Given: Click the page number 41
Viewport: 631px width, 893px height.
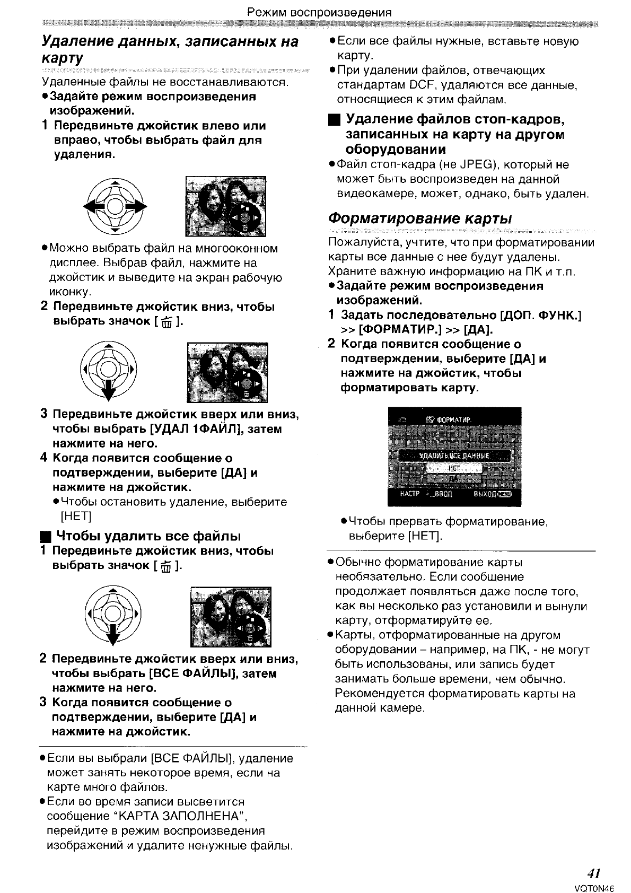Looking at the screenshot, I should [x=593, y=873].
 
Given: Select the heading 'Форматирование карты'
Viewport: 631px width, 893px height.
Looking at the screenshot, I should [x=420, y=218].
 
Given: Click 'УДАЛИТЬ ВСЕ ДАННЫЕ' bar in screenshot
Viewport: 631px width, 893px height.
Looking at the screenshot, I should [x=454, y=456].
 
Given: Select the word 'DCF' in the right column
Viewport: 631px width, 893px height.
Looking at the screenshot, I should [x=422, y=85].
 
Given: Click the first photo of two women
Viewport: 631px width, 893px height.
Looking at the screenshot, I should [x=225, y=206].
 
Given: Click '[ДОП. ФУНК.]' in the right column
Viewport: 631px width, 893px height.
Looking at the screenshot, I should [x=540, y=316].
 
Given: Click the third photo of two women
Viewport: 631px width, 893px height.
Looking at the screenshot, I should [x=230, y=616].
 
